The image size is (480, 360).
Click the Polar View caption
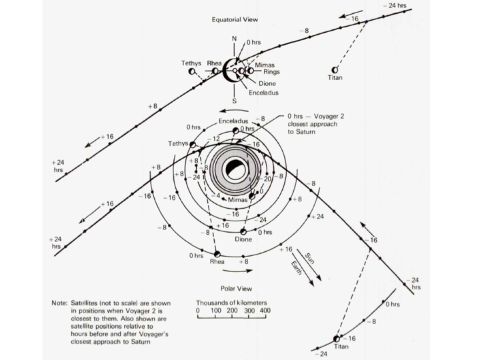[x=235, y=289]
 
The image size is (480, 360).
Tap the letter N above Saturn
[x=234, y=39]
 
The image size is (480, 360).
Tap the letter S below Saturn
[x=234, y=101]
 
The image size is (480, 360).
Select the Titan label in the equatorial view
[x=335, y=78]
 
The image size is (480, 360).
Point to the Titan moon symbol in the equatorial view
[x=335, y=69]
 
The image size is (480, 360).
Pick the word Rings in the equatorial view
[x=271, y=71]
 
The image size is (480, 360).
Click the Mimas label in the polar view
[x=237, y=200]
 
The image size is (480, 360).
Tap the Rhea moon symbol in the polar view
[x=217, y=254]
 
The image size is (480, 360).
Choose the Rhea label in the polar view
[x=217, y=262]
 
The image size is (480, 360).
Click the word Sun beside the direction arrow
[x=309, y=257]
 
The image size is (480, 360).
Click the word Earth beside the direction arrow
[x=297, y=268]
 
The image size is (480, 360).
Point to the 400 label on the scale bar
[x=265, y=311]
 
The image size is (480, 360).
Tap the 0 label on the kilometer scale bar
[x=198, y=311]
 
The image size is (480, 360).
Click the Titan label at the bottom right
[x=341, y=347]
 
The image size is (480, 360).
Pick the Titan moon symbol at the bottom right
[x=337, y=339]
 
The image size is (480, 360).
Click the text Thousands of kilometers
[x=232, y=302]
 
